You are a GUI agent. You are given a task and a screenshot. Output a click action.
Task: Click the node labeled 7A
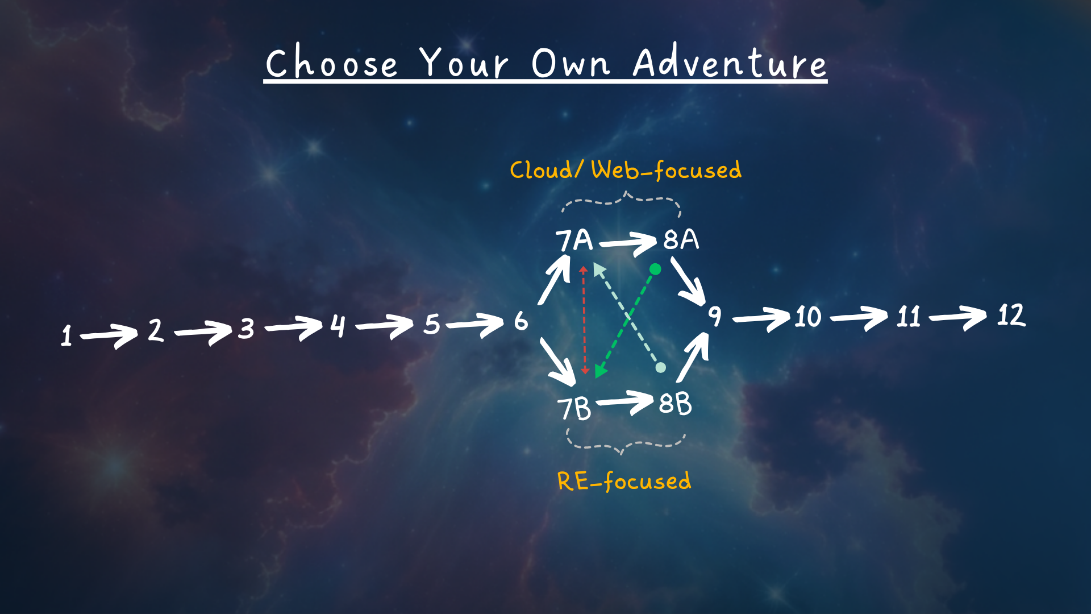574,240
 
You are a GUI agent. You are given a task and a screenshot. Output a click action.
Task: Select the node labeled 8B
675,404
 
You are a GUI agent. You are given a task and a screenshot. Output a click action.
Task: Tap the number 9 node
714,316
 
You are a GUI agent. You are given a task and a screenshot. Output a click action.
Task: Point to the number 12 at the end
1011,315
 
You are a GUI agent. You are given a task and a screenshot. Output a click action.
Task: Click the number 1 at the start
66,335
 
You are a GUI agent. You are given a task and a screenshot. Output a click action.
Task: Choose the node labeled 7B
574,409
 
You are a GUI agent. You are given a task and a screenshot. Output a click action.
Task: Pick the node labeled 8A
681,239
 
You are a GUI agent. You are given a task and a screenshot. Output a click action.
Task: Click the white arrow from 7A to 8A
628,243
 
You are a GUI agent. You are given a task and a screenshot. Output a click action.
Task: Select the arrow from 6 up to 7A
554,280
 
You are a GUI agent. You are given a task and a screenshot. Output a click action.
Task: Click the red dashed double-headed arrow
584,320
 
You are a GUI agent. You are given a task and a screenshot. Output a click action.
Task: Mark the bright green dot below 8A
655,269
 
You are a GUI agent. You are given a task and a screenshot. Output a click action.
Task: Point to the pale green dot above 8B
660,367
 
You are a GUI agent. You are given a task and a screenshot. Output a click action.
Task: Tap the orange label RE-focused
624,481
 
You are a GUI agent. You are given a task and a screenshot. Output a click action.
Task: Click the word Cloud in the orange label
542,170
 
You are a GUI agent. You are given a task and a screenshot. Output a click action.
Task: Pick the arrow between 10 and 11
859,317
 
